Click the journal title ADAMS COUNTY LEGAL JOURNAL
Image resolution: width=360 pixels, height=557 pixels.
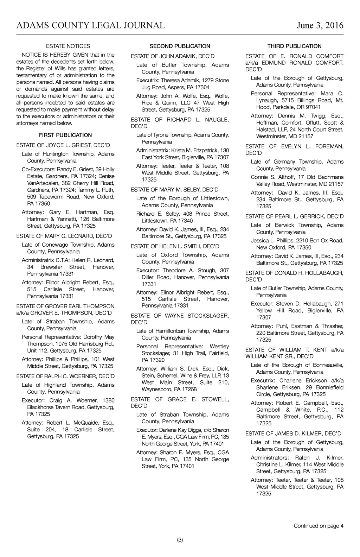[90, 25]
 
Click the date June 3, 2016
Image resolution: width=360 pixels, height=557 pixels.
[320, 25]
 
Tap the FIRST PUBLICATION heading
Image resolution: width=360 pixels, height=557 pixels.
[65, 135]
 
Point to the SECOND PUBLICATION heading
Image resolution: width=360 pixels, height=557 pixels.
[180, 46]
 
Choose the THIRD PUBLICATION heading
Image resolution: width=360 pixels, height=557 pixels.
[294, 46]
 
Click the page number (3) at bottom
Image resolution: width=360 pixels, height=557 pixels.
[180, 540]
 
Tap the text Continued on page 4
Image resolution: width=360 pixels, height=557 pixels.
[319, 526]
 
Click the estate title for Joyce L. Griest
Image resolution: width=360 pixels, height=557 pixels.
[63, 145]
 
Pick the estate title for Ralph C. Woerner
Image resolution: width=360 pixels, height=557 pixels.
[65, 376]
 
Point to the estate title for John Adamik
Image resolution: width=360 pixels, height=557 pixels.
[173, 56]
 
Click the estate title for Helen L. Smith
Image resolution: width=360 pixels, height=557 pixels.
[175, 246]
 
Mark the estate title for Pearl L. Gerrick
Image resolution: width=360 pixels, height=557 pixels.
[294, 216]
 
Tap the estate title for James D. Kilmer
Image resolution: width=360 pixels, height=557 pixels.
[293, 434]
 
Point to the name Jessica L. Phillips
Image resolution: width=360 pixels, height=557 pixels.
[272, 241]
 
